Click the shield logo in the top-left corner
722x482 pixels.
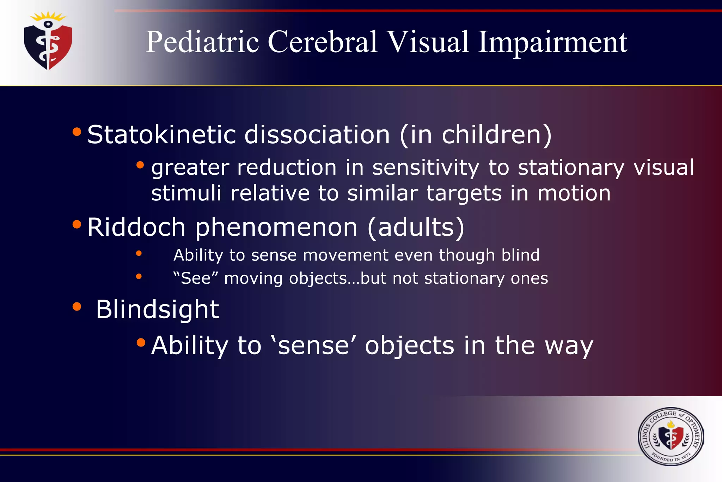coord(48,42)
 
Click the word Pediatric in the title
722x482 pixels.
coord(202,42)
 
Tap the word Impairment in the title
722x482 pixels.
coord(552,42)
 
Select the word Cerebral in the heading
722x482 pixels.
coord(322,42)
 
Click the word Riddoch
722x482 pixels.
coord(136,227)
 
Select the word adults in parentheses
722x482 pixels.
coord(416,227)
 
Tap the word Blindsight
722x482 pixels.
coord(157,309)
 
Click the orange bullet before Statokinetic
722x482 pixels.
coord(77,132)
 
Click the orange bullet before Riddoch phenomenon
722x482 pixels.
coord(77,224)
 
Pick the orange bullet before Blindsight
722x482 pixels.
coord(77,306)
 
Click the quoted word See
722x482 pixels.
coord(196,278)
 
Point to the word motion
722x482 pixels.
coord(574,193)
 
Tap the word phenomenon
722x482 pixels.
coord(276,227)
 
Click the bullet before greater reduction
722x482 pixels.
coord(140,165)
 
